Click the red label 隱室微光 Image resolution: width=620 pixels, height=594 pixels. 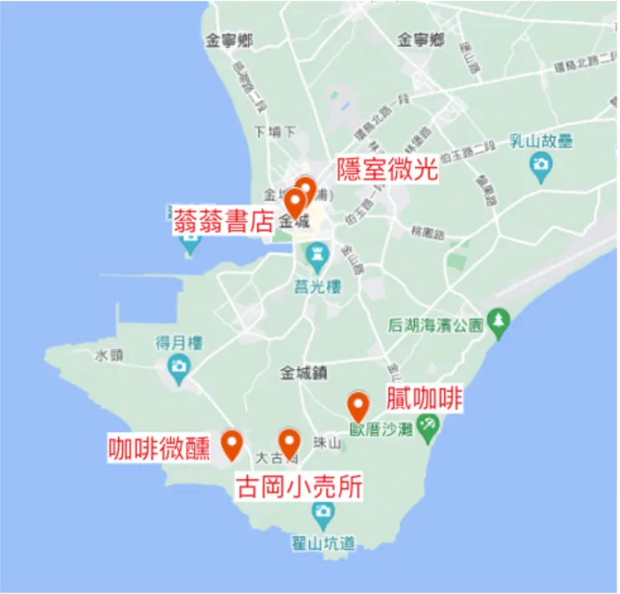coord(387,170)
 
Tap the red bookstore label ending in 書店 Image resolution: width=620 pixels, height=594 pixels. coord(224,221)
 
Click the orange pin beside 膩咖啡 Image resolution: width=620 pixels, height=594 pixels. coord(359,407)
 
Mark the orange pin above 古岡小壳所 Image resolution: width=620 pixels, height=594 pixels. coord(289,443)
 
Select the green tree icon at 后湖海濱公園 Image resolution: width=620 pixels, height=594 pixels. coord(500,321)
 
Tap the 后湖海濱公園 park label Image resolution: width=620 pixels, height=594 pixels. coord(436,324)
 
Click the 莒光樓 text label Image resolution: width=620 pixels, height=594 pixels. coord(318,285)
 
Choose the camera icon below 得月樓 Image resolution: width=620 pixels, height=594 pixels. coord(178,366)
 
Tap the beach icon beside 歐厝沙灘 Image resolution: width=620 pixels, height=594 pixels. coord(428,426)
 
